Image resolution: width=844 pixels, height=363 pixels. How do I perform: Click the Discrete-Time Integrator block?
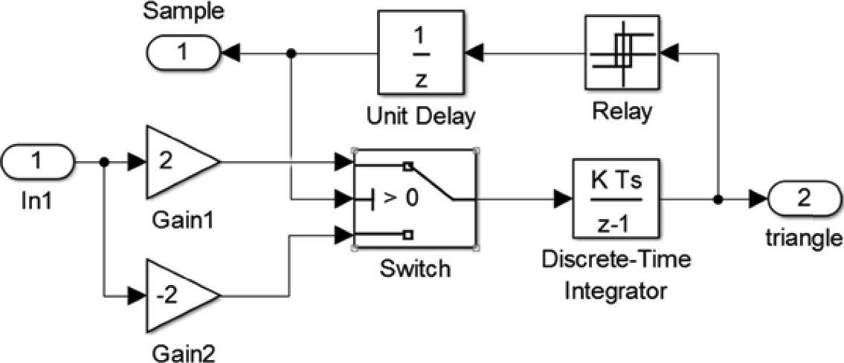tap(616, 199)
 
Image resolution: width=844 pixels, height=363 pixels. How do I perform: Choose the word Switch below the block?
tap(415, 267)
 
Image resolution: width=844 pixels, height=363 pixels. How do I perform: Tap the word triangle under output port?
tap(804, 238)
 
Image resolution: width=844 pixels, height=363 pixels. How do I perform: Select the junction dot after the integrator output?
tap(718, 200)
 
